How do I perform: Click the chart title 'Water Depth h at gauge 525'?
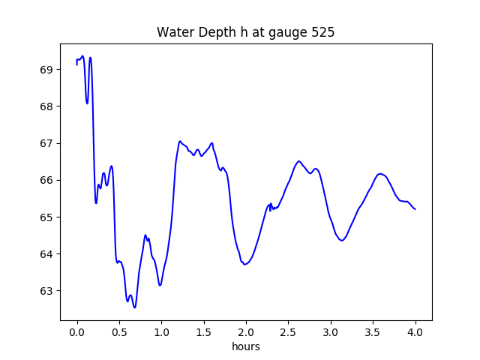245,33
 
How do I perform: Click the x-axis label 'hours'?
245,346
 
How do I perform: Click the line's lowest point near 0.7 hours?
135,307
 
